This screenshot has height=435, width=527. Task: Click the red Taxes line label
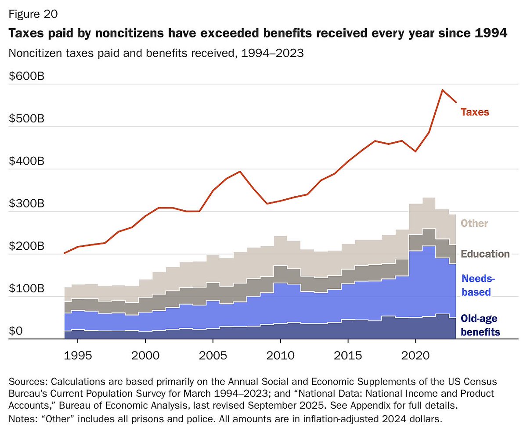click(474, 112)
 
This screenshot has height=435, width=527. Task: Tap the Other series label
click(474, 223)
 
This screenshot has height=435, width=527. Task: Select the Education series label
click(485, 254)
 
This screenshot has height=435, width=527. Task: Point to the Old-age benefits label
click(480, 325)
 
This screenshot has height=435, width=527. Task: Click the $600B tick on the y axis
click(26, 76)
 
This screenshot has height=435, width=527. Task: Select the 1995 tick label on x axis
click(78, 353)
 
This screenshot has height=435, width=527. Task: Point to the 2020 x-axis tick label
click(415, 353)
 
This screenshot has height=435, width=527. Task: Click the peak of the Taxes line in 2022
click(443, 90)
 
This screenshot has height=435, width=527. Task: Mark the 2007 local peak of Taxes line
click(240, 172)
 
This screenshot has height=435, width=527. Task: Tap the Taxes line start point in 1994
click(65, 253)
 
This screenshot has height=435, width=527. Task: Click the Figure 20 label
click(33, 14)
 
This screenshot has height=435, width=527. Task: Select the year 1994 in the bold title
click(492, 33)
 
